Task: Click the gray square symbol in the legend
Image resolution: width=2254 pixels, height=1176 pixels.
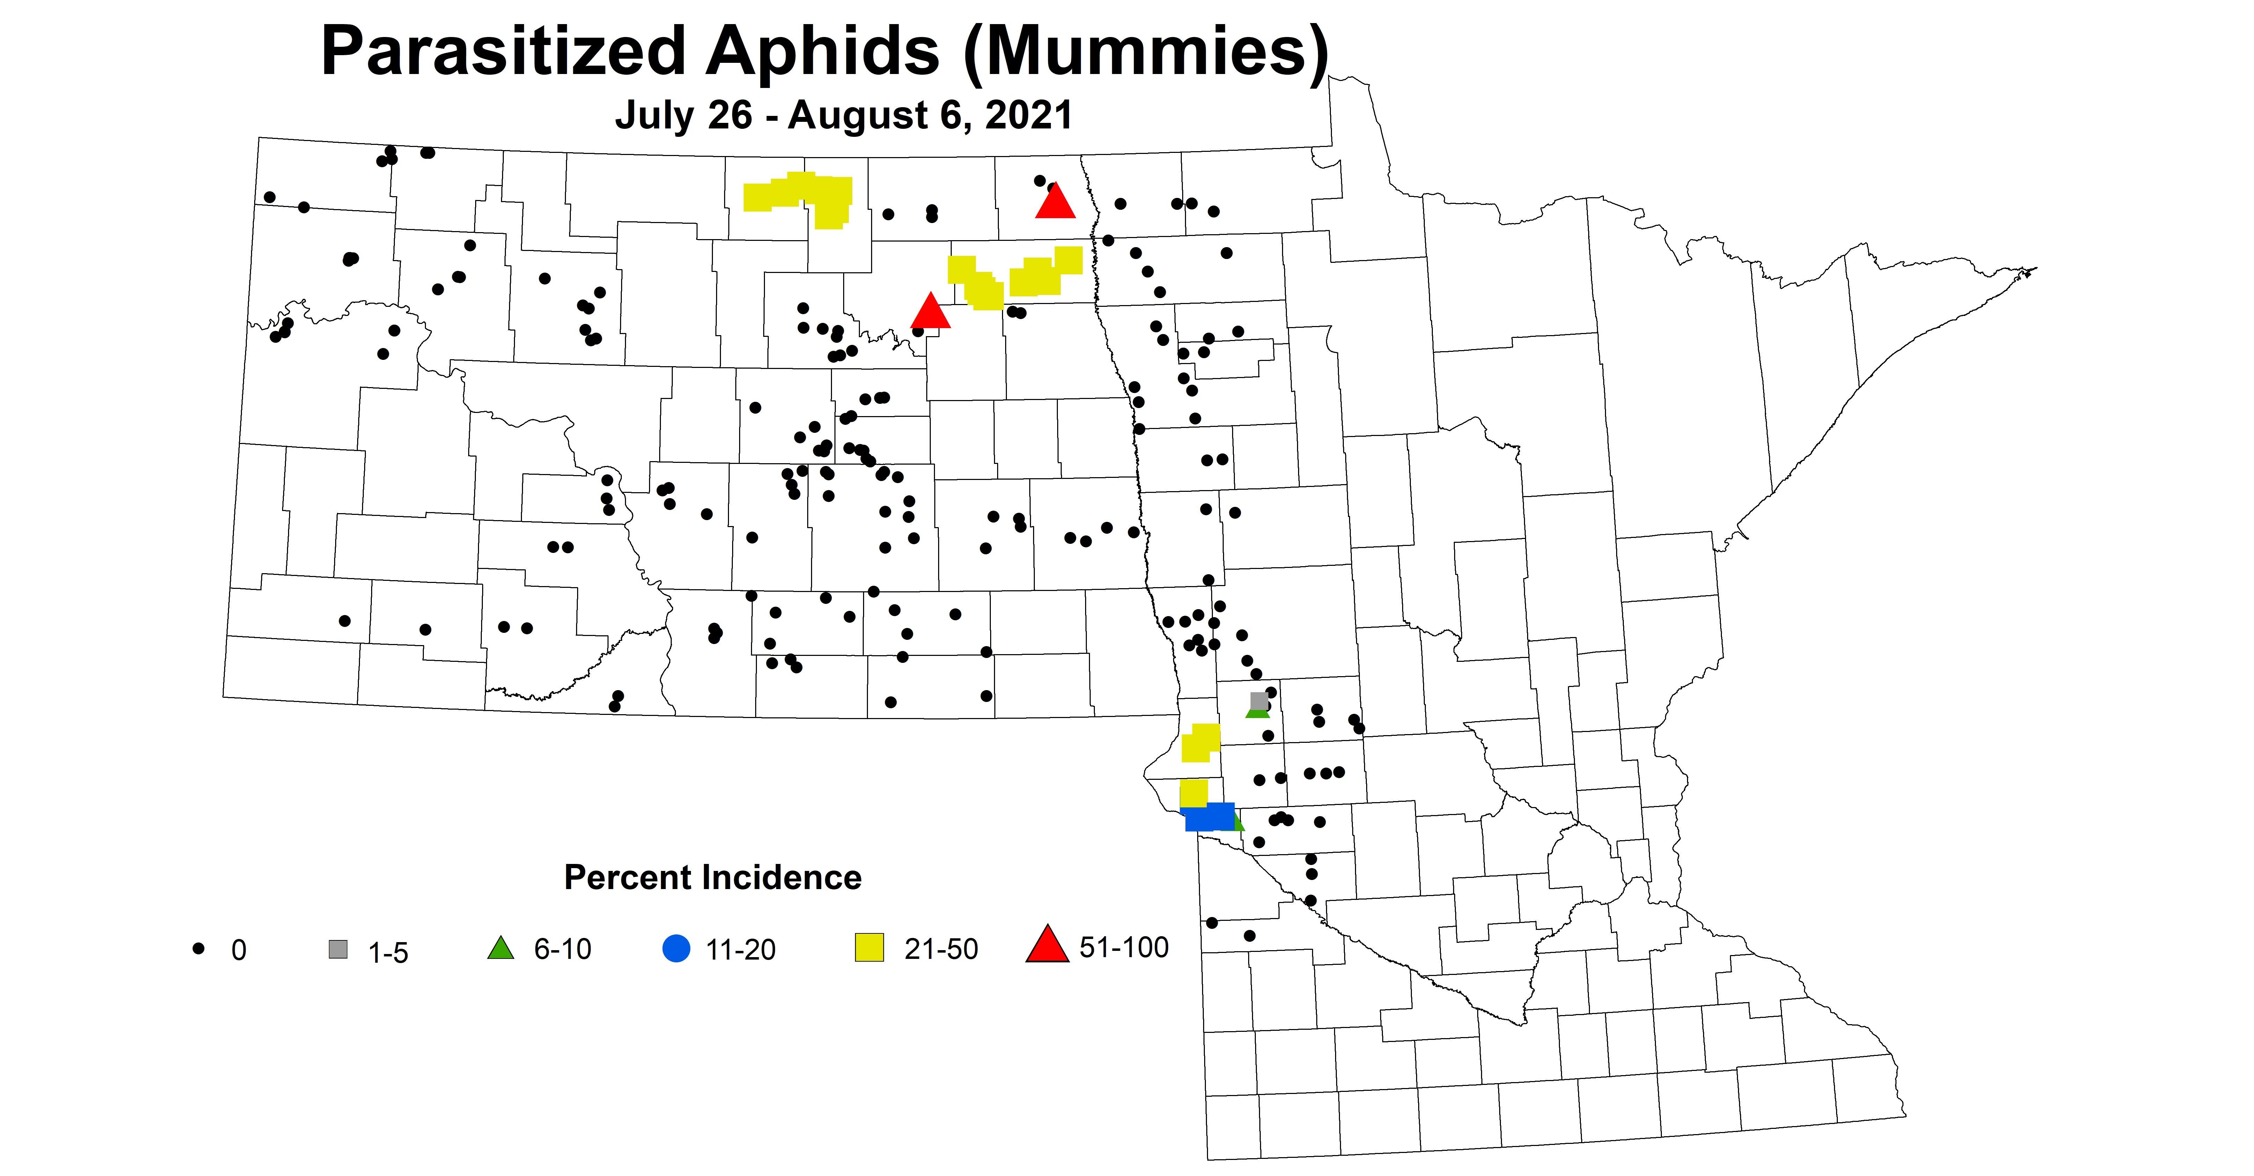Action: (x=338, y=949)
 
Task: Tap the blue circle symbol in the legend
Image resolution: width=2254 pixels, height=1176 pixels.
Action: (x=676, y=948)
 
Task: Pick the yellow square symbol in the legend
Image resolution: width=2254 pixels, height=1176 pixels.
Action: (x=870, y=948)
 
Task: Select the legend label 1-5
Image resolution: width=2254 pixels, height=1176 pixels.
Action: (x=388, y=952)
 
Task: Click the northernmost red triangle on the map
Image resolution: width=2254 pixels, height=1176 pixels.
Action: (x=1055, y=202)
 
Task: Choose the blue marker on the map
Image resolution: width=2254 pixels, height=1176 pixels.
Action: (x=1209, y=816)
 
